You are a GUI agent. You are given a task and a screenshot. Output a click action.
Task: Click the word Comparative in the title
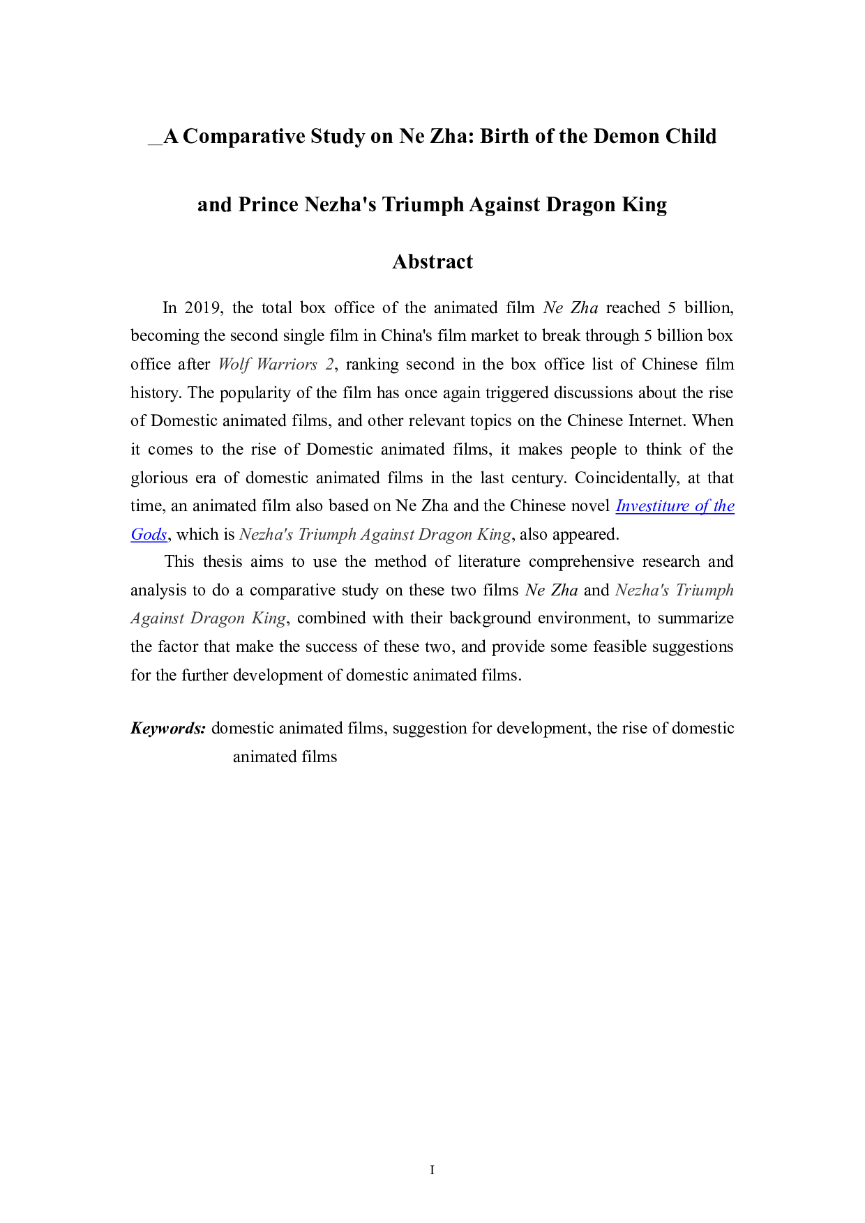pyautogui.click(x=244, y=136)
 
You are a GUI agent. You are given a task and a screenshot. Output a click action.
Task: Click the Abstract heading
pyautogui.click(x=433, y=261)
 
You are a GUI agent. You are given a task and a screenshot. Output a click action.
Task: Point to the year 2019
pyautogui.click(x=203, y=307)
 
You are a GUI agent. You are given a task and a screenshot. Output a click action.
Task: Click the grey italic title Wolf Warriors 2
pyautogui.click(x=276, y=364)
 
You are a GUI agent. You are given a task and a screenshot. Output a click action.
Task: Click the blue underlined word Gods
pyautogui.click(x=149, y=534)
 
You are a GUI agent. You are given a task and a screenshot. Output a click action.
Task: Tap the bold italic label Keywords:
pyautogui.click(x=167, y=729)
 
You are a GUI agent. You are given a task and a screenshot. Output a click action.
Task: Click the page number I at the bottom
pyautogui.click(x=433, y=1170)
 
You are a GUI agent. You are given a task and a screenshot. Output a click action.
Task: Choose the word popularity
pyautogui.click(x=255, y=393)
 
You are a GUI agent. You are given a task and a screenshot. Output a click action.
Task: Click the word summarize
pyautogui.click(x=695, y=618)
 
